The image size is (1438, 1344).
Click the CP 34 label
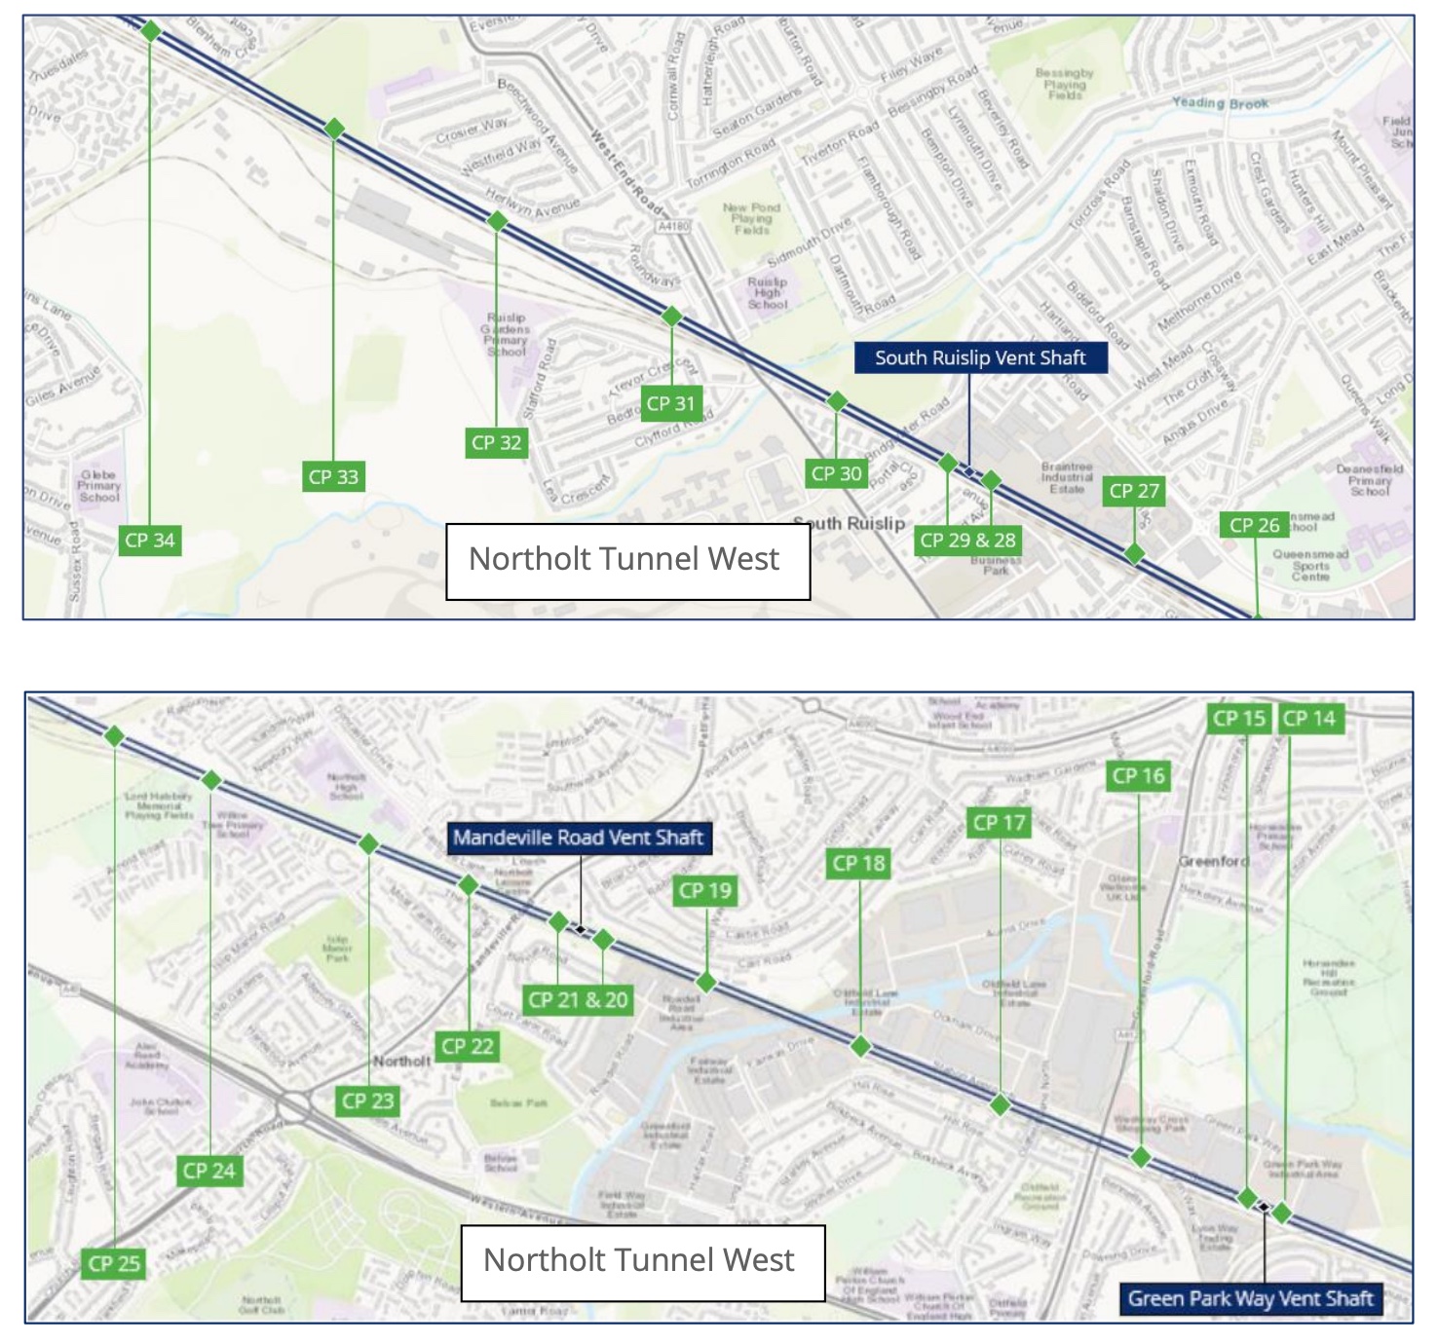(x=150, y=541)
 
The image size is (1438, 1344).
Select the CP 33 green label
(x=333, y=477)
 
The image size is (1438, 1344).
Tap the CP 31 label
(x=670, y=403)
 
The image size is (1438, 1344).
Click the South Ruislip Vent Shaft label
(x=980, y=357)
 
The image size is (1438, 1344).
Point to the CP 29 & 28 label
(x=967, y=541)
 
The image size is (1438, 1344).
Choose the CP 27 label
(x=1134, y=491)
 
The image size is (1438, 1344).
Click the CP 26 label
(x=1254, y=526)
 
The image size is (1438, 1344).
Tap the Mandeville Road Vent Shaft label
(x=578, y=838)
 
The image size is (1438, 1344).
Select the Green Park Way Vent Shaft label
(x=1250, y=1298)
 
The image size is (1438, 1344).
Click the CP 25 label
(x=114, y=1264)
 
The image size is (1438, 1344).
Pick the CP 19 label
(x=705, y=890)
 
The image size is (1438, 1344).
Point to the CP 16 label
(x=1138, y=776)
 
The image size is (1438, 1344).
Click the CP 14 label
(x=1308, y=719)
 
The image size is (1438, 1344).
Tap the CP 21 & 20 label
(x=578, y=1000)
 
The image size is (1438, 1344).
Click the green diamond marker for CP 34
(x=151, y=31)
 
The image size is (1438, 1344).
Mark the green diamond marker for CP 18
(x=860, y=1047)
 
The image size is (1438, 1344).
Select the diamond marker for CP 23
(x=368, y=844)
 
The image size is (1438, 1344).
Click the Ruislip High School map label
(x=767, y=293)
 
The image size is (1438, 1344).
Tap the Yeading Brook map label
(x=1220, y=103)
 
